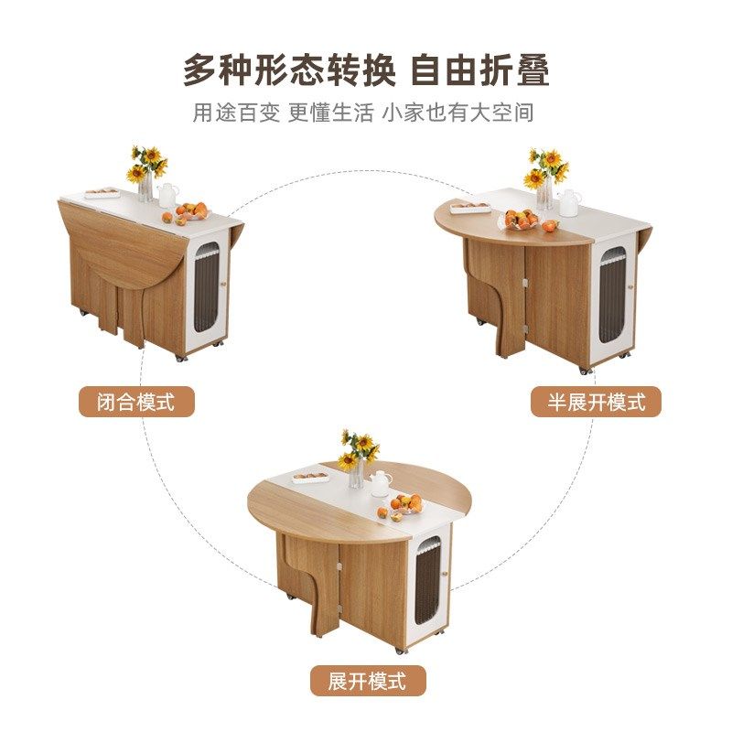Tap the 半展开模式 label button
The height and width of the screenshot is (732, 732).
pos(596,401)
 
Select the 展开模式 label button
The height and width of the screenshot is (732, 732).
pos(366,681)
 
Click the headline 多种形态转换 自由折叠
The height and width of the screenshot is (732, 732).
pos(366,70)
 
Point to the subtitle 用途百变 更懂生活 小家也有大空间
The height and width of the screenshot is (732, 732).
pos(363,113)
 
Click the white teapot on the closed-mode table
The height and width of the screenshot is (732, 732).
pos(168,195)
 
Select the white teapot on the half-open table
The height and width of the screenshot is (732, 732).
pos(569,201)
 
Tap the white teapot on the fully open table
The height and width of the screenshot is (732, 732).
pos(379,482)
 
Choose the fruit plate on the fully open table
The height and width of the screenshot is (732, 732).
pos(407,504)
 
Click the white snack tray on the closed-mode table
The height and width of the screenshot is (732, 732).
pos(102,193)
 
